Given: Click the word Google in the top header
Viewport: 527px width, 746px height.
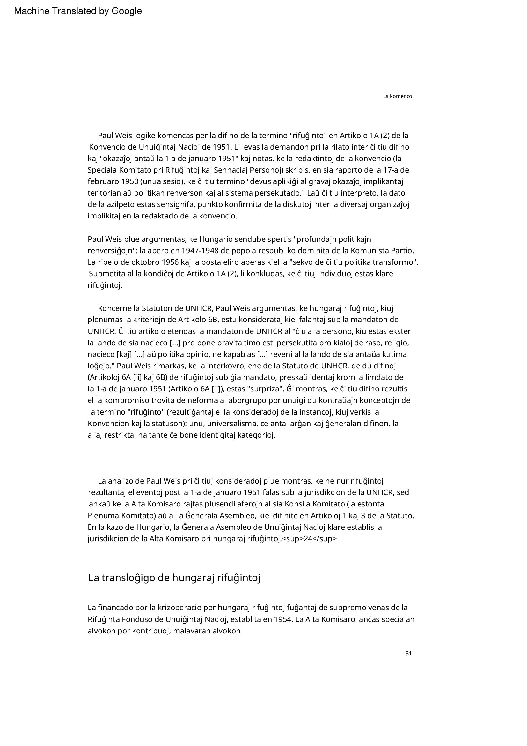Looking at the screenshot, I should (127, 11).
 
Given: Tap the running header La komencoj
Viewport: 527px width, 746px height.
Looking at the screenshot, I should (398, 97).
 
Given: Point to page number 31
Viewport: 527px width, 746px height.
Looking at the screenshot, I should (408, 654).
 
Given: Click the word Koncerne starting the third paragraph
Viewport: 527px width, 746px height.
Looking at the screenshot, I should (113, 308).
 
